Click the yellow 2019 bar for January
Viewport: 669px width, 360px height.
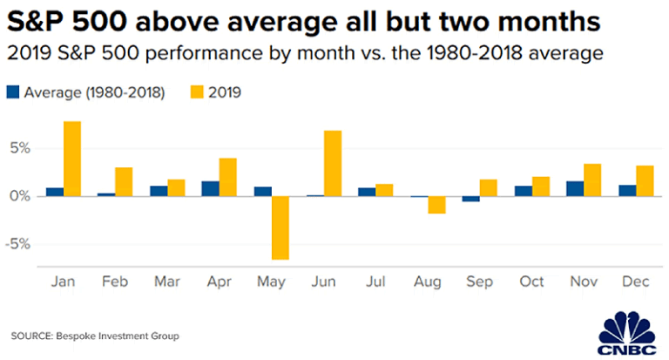72,159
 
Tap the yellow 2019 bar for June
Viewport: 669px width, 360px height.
332,163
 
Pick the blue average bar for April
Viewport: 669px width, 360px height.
210,188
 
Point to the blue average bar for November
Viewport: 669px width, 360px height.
574,188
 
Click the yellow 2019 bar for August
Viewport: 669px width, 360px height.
436,205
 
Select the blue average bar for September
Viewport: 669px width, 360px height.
470,199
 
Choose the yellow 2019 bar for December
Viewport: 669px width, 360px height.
644,180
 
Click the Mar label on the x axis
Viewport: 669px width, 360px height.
166,284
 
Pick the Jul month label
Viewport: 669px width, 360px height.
375,284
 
